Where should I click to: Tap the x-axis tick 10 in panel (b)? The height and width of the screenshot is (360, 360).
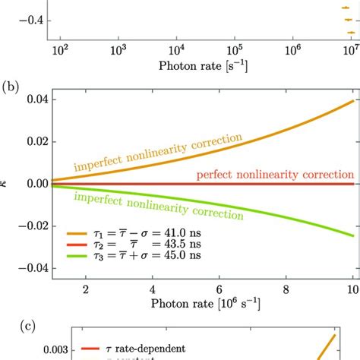click(x=347, y=289)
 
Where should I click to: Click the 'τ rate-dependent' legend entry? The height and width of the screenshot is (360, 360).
click(x=133, y=349)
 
